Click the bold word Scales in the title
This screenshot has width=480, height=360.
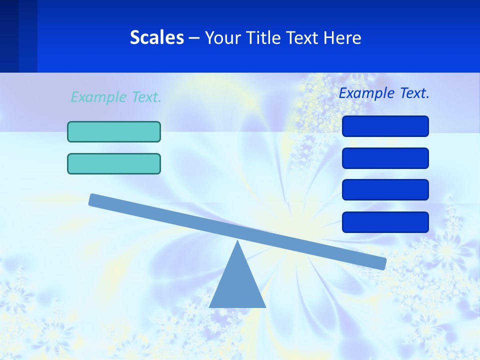click(x=157, y=37)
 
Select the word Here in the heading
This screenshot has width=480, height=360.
click(x=342, y=37)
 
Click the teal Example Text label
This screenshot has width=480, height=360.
click(x=116, y=97)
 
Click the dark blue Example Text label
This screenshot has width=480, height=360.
click(x=384, y=93)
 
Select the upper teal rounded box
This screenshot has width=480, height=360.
click(x=114, y=131)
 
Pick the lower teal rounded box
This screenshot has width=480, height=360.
click(x=114, y=163)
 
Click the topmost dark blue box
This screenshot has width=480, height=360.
click(x=385, y=126)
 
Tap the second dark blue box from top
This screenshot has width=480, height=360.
click(x=385, y=158)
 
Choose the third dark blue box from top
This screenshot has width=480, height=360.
click(x=385, y=190)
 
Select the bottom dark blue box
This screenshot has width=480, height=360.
click(x=385, y=222)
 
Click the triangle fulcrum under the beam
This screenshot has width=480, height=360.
click(x=237, y=285)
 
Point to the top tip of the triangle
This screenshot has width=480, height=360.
click(x=237, y=242)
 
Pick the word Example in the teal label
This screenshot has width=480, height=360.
click(x=99, y=97)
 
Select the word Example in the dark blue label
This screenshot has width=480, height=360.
click(x=367, y=93)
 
